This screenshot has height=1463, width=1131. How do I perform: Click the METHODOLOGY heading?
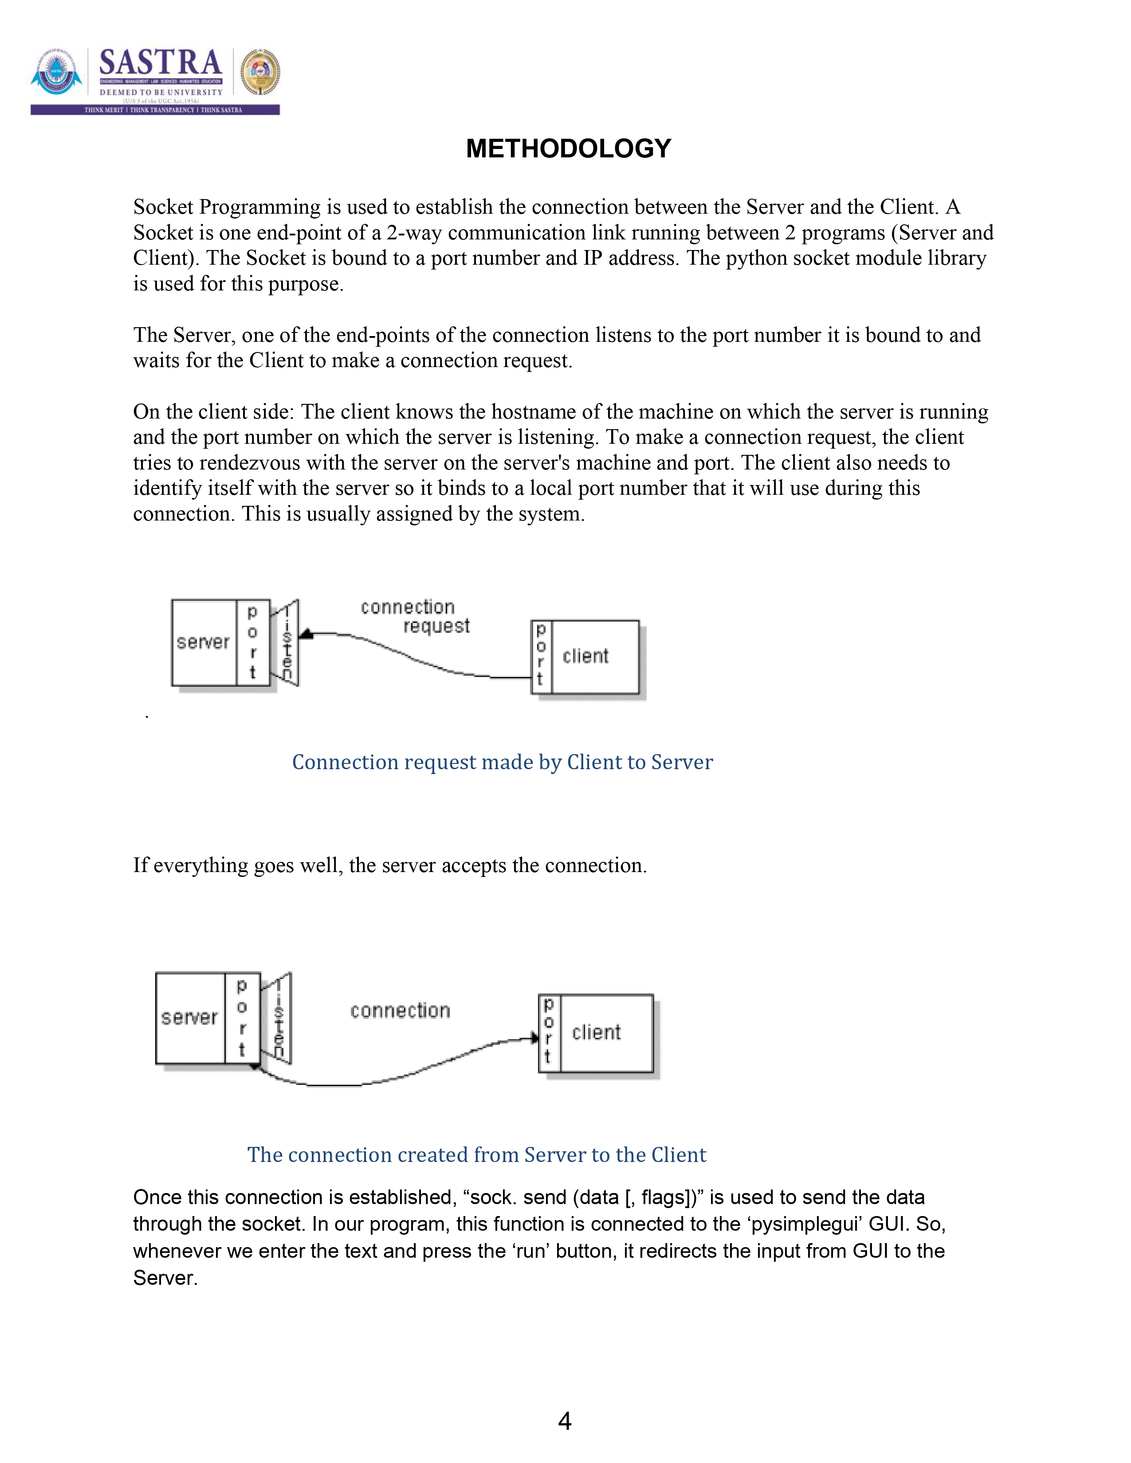click(568, 149)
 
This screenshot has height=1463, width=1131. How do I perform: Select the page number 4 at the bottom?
click(564, 1421)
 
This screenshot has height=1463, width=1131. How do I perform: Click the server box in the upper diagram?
click(204, 642)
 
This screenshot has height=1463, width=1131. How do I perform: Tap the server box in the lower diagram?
click(190, 1017)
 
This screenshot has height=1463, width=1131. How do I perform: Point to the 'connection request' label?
click(416, 616)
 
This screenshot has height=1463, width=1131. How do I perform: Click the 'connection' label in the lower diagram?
click(400, 1011)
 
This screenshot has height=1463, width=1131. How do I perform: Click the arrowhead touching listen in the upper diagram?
click(306, 634)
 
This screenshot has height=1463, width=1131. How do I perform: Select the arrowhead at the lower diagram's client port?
click(535, 1038)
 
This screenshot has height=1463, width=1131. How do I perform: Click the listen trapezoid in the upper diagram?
click(286, 643)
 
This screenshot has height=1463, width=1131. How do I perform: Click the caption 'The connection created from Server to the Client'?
click(476, 1155)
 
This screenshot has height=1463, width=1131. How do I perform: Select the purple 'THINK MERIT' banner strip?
click(155, 110)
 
